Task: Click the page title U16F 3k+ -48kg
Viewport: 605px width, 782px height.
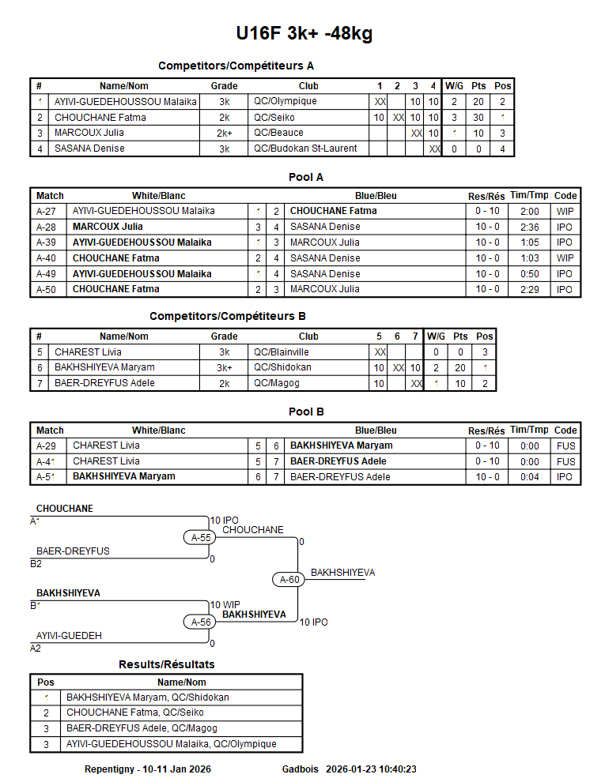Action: [304, 34]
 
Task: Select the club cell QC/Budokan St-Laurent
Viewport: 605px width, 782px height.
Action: [305, 149]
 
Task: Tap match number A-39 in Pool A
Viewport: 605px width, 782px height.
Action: [46, 242]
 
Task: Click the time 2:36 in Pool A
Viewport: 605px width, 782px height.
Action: [529, 227]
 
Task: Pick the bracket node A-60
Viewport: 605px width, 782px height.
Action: [290, 580]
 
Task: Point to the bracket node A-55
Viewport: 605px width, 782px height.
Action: [202, 538]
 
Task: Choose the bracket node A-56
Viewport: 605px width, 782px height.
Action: [202, 622]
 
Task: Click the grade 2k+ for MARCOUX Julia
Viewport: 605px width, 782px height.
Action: [224, 133]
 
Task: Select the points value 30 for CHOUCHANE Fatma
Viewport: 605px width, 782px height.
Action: [478, 118]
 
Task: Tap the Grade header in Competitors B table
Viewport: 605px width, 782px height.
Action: [224, 336]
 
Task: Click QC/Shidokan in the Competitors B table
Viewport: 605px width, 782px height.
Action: [282, 367]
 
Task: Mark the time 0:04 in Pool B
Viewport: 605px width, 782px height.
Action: [529, 477]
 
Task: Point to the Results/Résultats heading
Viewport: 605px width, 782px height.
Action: [166, 664]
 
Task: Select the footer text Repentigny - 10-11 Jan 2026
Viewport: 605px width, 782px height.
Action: [148, 769]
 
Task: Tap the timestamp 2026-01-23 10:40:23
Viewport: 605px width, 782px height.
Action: [371, 769]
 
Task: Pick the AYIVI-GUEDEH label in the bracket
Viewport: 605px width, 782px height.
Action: [69, 636]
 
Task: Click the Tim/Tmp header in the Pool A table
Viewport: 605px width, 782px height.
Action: [529, 195]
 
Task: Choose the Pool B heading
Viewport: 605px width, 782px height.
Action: [305, 412]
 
